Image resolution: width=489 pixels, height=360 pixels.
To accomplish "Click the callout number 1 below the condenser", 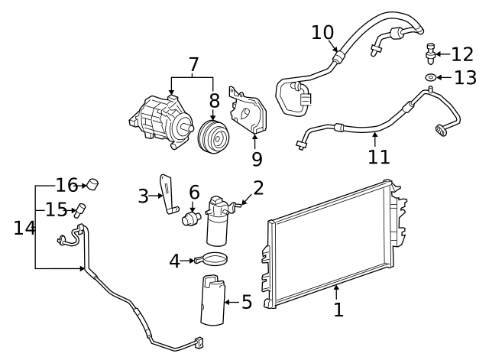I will point(338,310).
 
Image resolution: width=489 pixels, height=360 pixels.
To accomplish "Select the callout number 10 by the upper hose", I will point(322,33).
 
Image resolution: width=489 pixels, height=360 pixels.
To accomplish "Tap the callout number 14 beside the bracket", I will point(24,228).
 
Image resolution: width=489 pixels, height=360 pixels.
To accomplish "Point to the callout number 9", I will point(257,159).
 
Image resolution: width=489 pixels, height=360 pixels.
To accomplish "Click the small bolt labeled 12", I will point(432,52).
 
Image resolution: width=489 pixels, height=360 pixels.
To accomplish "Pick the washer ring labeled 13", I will point(431,77).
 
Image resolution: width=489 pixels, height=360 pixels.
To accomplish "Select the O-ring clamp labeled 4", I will point(215,261).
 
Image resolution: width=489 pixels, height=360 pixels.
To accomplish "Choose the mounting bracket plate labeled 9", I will point(247,115).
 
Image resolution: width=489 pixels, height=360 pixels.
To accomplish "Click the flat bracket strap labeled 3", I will point(167,193).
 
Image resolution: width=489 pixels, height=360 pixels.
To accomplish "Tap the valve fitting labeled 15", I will point(79,209).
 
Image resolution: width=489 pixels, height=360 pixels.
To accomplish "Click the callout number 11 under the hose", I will point(378,157).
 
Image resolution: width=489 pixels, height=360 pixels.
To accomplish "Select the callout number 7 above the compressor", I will point(193,65).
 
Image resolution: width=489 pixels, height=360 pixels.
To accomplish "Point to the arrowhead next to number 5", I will point(227,303).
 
